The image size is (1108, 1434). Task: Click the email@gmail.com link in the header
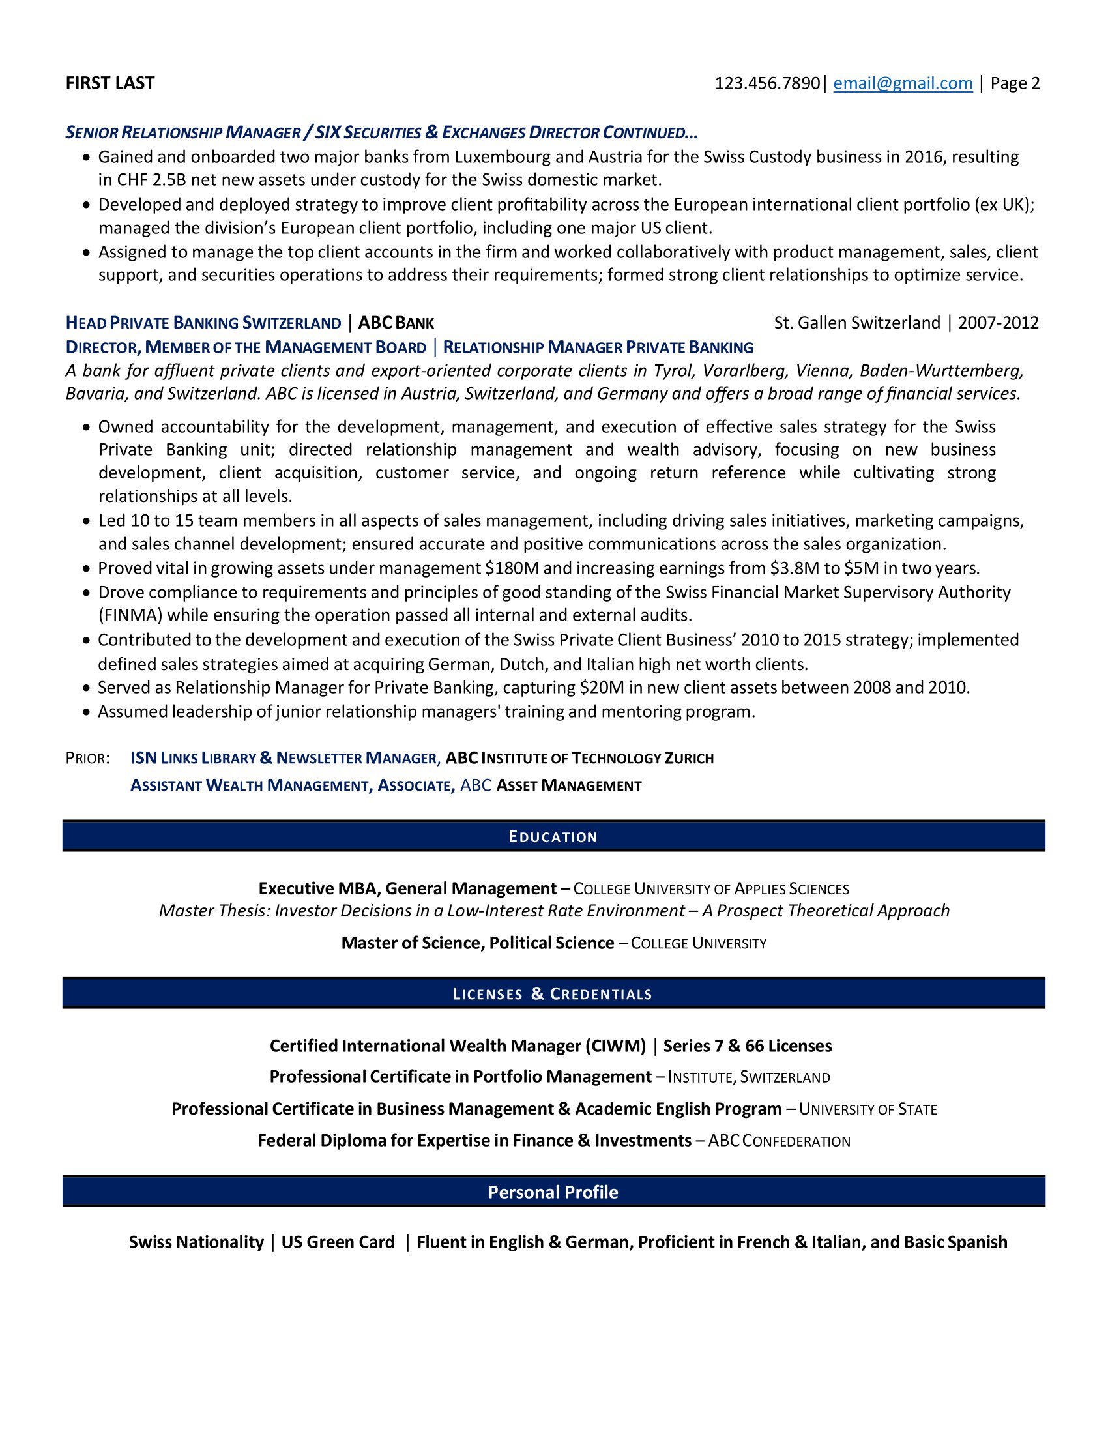903,83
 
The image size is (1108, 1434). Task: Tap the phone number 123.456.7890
766,83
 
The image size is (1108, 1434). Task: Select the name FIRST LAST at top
110,83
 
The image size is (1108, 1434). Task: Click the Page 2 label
1015,83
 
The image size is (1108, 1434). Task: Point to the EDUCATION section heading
553,836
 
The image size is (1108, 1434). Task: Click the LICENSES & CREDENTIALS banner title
553,993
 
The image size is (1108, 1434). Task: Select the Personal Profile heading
553,1192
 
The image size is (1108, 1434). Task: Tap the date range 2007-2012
999,323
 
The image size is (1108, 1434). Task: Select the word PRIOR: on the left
88,758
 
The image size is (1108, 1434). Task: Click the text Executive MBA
318,888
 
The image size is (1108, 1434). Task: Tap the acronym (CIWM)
615,1046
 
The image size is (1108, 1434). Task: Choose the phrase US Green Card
338,1242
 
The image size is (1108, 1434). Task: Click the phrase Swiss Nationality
196,1242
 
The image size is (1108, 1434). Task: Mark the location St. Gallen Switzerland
856,323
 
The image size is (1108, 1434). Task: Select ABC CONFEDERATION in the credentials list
779,1141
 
